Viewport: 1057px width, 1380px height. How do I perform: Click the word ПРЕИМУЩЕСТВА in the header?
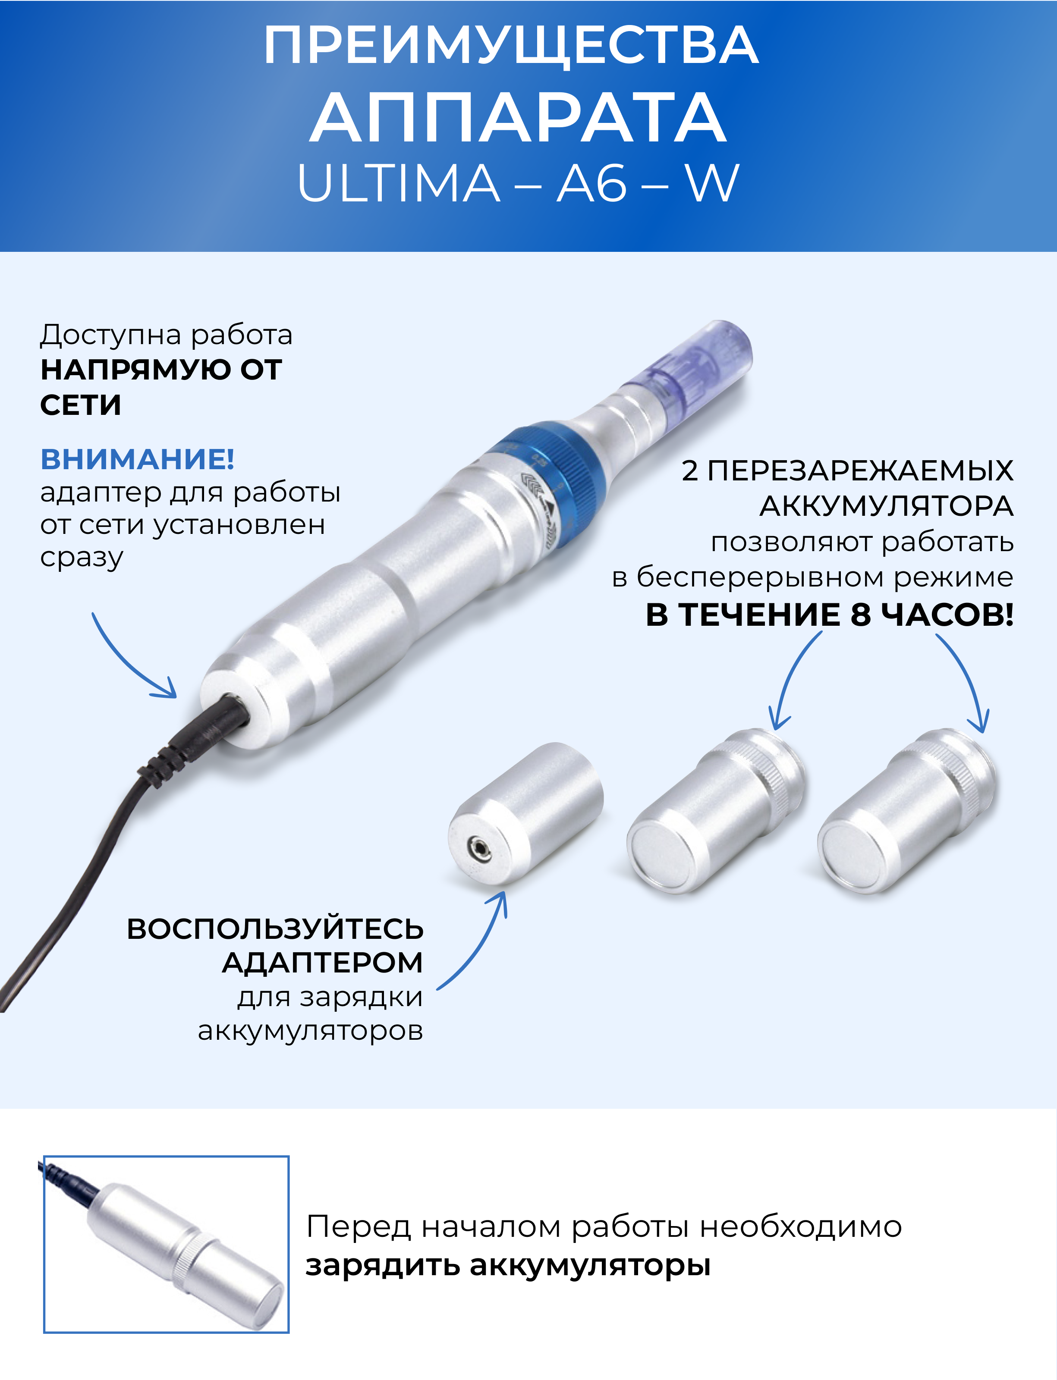[511, 45]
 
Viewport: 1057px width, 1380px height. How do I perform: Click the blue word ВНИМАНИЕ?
[137, 459]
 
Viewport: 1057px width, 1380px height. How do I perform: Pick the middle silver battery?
[717, 811]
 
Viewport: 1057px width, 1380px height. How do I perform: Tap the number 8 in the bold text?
[861, 615]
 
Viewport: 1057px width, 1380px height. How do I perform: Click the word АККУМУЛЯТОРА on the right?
[887, 506]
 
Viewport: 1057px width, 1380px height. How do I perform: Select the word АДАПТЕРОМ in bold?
[323, 963]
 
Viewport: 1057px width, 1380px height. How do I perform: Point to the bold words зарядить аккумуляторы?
[508, 1266]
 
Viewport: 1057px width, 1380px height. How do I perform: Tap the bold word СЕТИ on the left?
[81, 405]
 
